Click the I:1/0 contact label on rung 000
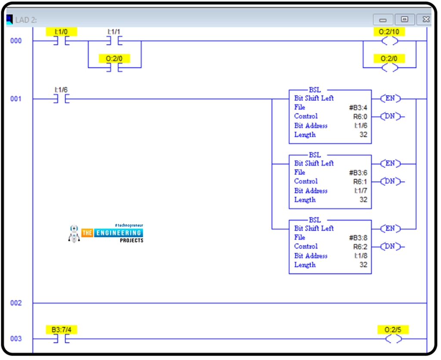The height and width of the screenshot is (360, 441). [x=61, y=32]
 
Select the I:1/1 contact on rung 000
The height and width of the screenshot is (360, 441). [x=114, y=41]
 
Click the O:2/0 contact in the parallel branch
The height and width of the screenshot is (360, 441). [x=114, y=68]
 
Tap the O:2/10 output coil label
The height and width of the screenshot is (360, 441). [x=389, y=32]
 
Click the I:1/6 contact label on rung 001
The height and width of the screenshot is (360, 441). [x=61, y=90]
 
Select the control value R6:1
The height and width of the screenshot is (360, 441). [x=360, y=181]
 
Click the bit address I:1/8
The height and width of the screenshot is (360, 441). [x=361, y=256]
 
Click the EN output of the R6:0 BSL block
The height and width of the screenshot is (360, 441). [x=390, y=99]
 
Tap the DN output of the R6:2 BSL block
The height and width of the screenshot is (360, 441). [x=390, y=246]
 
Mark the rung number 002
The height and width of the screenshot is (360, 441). [x=16, y=303]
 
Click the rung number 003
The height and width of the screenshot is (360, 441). [x=16, y=339]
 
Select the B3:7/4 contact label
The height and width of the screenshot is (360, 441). [x=61, y=330]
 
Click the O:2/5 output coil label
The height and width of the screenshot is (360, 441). [x=392, y=330]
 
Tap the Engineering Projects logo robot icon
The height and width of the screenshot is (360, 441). [x=74, y=233]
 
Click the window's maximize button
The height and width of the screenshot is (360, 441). [x=404, y=19]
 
